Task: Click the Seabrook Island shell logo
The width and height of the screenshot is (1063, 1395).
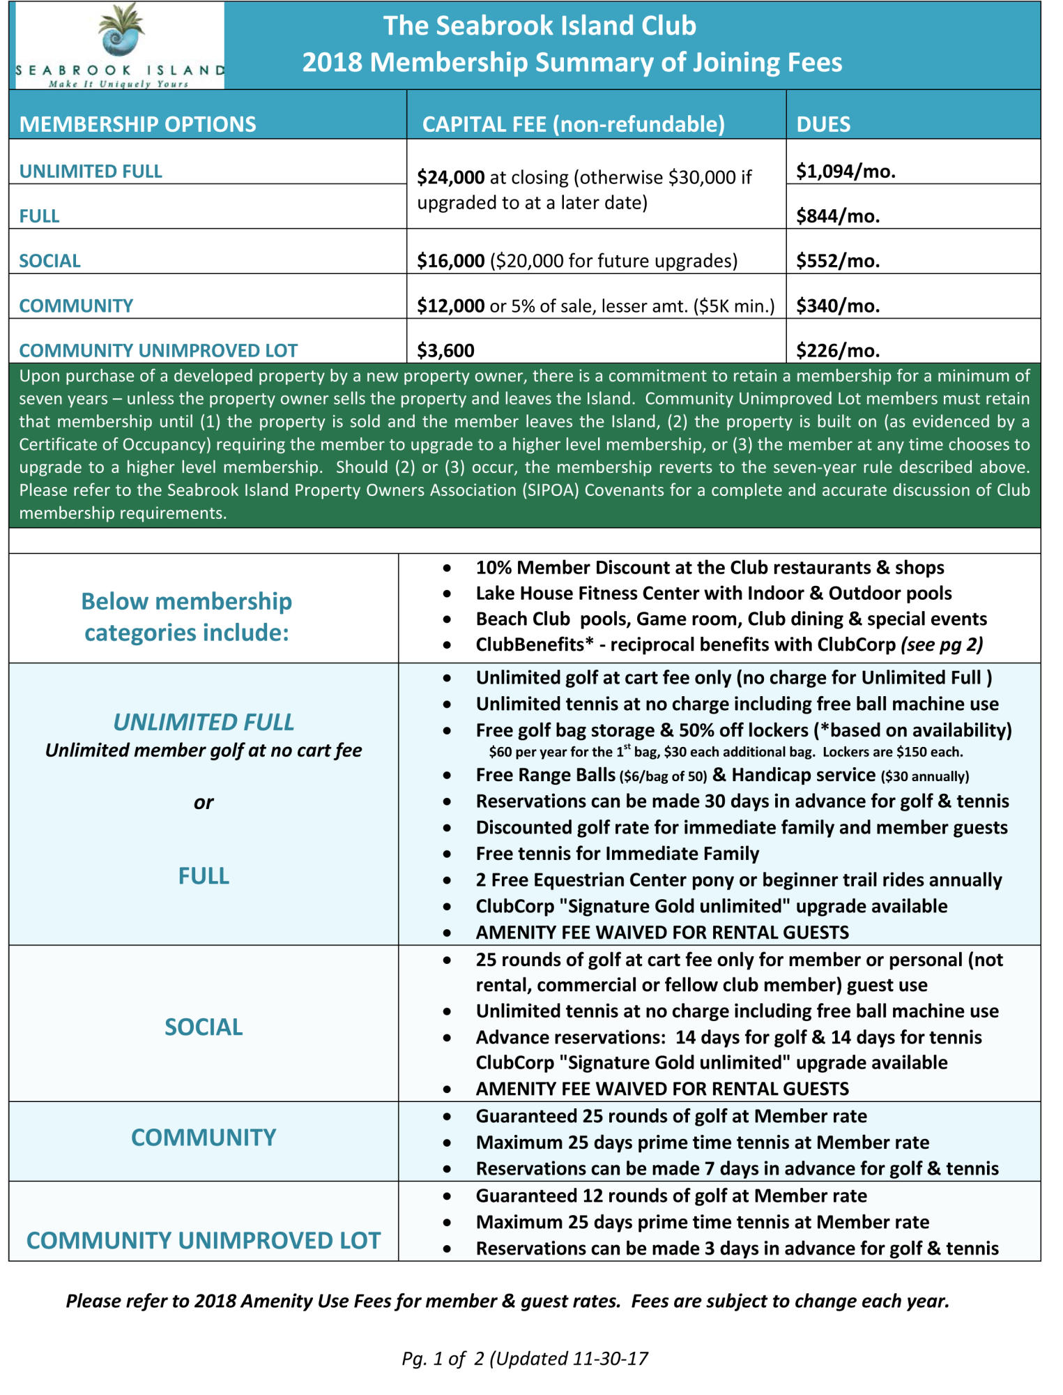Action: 121,31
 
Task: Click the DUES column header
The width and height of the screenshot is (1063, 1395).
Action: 823,124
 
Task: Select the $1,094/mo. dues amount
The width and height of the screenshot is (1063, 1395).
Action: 846,171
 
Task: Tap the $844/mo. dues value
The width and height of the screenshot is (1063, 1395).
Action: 838,216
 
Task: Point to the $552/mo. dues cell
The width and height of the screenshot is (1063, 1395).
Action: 838,261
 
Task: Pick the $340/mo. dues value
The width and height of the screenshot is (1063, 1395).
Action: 838,306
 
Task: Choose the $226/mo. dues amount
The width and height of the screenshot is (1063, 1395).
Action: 838,350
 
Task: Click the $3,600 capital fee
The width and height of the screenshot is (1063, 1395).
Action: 445,350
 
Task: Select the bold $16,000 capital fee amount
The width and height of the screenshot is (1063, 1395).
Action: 450,261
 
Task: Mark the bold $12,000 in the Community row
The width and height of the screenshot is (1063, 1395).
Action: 450,306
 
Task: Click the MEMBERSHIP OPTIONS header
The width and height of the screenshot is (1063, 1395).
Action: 137,124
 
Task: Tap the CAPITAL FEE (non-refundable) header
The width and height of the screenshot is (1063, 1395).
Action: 573,124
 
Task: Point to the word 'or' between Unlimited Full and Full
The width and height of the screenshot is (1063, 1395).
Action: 204,803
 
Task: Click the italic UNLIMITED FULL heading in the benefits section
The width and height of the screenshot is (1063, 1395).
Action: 204,722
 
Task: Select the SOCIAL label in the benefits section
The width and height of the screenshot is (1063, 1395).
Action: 204,1027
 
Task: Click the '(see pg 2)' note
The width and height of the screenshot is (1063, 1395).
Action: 942,644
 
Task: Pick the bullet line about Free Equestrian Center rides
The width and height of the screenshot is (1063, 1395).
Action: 738,880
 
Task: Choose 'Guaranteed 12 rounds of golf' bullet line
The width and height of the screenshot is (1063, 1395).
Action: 671,1196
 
